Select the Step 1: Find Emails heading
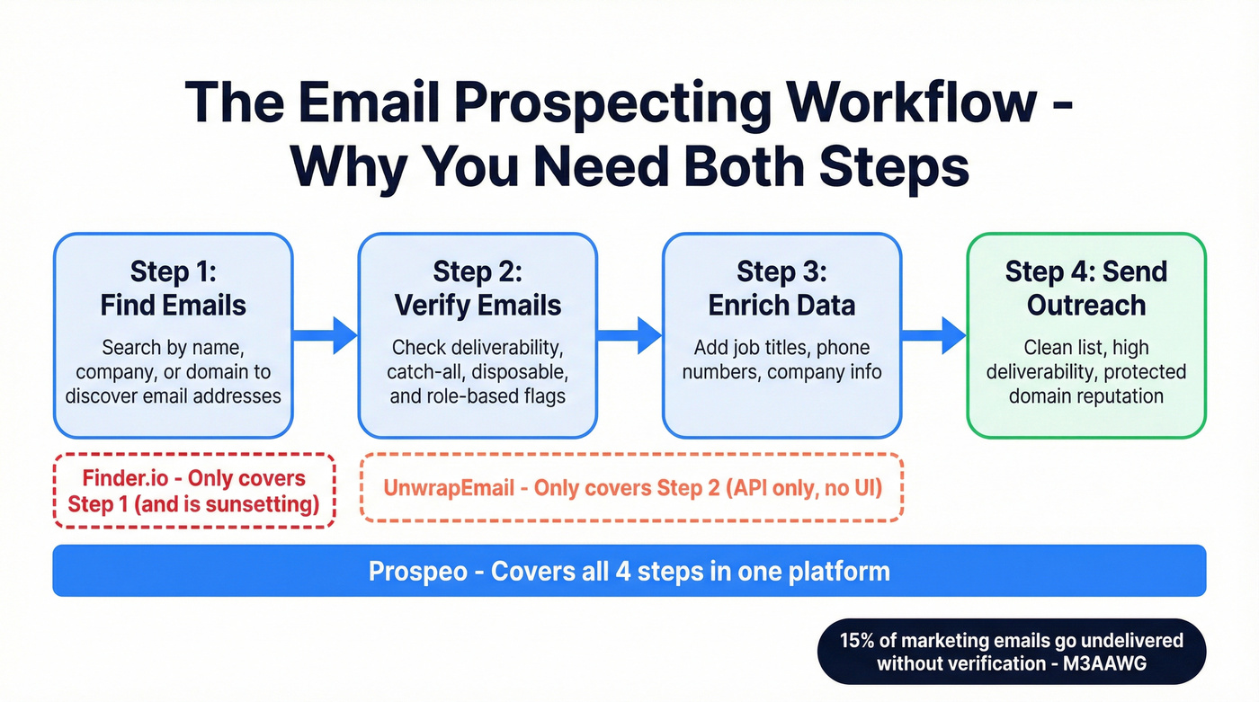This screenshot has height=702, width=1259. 173,289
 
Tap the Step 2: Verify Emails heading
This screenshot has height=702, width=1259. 478,289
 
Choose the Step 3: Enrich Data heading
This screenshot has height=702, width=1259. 781,289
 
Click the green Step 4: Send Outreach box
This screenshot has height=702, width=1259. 1085,335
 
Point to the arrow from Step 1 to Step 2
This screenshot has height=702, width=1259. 326,335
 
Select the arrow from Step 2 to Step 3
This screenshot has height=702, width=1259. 629,335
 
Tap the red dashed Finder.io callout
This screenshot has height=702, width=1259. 194,491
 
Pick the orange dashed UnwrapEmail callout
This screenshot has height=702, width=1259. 631,488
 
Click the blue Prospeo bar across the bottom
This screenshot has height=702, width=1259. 629,571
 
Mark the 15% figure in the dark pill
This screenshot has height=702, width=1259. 856,642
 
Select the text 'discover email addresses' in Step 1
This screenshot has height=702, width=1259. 173,395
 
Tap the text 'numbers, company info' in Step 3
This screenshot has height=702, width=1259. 781,372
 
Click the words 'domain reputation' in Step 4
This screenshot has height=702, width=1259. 1085,395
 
